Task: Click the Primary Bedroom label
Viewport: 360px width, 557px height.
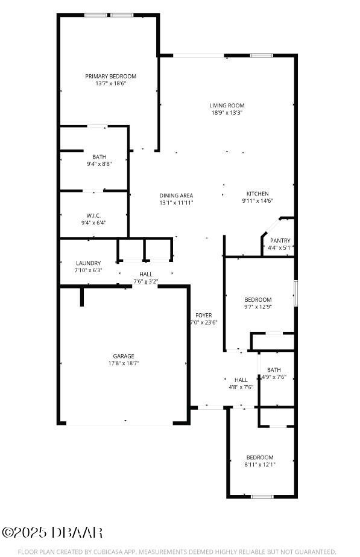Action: (x=110, y=76)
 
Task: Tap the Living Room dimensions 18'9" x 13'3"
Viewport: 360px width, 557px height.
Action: (x=227, y=113)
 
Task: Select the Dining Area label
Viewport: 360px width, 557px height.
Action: (x=176, y=196)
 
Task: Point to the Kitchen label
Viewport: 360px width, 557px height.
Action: (x=257, y=194)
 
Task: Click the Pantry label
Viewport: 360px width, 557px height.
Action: (x=280, y=241)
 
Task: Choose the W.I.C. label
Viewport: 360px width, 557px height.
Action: (x=93, y=215)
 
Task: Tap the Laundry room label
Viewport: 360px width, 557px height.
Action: (x=89, y=263)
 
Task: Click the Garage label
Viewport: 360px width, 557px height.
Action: (x=124, y=356)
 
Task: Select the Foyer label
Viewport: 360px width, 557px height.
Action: (x=203, y=315)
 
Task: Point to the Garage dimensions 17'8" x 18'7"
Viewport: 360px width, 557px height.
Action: (x=124, y=363)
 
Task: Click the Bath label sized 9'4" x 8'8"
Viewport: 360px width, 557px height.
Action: (x=99, y=157)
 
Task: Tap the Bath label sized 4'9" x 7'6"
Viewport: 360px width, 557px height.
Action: (x=274, y=370)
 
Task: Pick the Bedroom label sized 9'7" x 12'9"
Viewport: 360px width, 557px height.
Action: (x=258, y=299)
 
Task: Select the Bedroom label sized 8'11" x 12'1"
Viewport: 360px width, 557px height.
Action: (x=260, y=457)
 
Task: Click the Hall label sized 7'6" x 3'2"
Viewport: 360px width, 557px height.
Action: (x=146, y=274)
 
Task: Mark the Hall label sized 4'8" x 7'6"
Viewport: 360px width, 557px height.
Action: (x=241, y=380)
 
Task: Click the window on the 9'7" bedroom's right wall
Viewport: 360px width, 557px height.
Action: (x=295, y=292)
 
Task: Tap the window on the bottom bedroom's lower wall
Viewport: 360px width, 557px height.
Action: (x=262, y=496)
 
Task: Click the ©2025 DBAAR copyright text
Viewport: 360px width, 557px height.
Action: (x=52, y=532)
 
